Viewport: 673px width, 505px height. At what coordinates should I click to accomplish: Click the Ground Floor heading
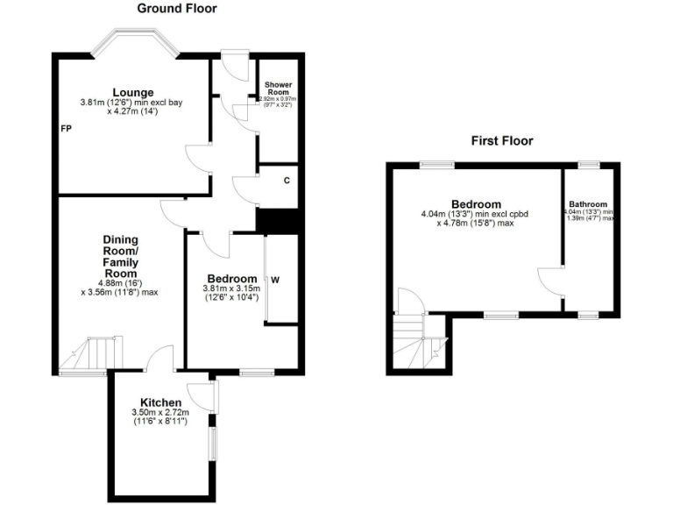(x=177, y=9)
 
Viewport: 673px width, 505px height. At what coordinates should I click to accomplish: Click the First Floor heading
(x=501, y=140)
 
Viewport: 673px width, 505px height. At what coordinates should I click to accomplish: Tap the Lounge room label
(x=132, y=92)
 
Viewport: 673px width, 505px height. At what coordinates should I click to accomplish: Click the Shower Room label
(x=278, y=89)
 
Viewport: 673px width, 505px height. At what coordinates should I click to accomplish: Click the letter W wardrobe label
(x=275, y=281)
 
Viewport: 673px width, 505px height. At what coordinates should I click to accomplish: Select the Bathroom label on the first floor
(x=587, y=204)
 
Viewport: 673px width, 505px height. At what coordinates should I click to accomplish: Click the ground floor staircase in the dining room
(x=93, y=354)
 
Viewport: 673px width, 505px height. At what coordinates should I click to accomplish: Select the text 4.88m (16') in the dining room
(x=120, y=282)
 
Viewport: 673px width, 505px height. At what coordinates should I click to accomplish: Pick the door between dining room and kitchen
(x=160, y=359)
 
